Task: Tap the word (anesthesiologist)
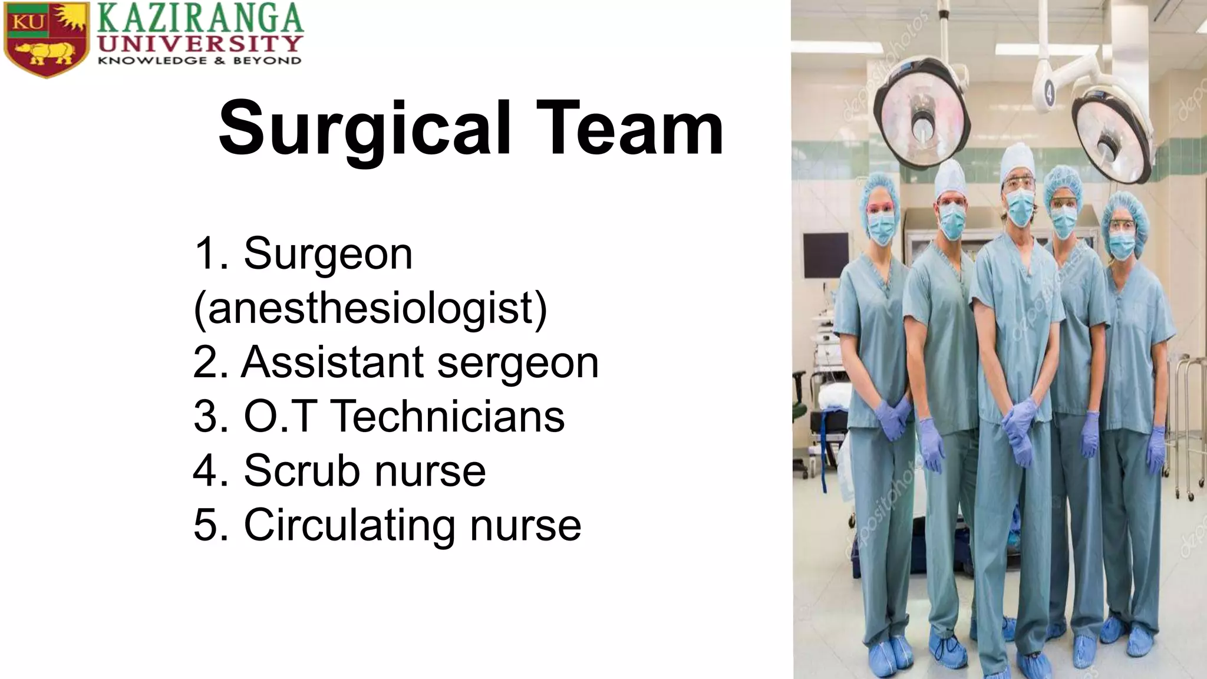(x=370, y=308)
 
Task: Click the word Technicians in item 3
(x=448, y=417)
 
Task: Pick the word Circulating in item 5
(x=349, y=525)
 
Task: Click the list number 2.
(x=206, y=362)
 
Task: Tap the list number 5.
(x=206, y=525)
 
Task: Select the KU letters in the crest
(x=28, y=22)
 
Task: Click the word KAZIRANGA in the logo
(x=200, y=18)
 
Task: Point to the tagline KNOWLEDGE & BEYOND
(x=199, y=61)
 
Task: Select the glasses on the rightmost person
(x=1122, y=225)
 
